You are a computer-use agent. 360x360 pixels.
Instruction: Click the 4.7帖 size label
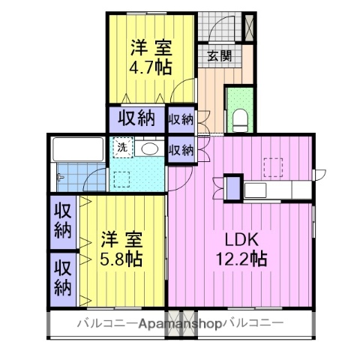click(x=151, y=66)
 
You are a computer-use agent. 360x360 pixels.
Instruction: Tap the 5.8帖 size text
click(x=121, y=259)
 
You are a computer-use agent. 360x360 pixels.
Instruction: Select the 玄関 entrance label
click(x=219, y=55)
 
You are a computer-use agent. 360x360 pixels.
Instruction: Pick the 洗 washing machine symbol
click(x=121, y=148)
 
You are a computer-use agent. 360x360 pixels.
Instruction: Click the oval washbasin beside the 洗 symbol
click(x=149, y=148)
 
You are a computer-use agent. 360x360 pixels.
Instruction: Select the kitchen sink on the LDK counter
click(x=256, y=188)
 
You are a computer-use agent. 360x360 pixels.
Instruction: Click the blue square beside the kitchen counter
click(x=234, y=187)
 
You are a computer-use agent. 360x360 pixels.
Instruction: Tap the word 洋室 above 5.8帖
click(x=121, y=241)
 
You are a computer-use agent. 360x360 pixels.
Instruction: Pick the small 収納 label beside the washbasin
click(x=181, y=149)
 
